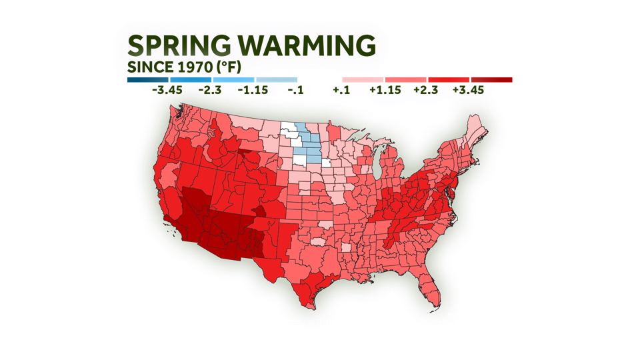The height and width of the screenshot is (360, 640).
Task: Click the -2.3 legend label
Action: [x=210, y=90]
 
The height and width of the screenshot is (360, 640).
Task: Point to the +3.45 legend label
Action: [x=469, y=90]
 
